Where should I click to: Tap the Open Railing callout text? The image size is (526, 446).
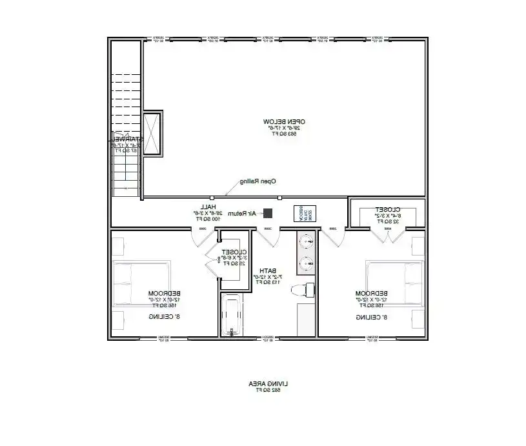[258, 181]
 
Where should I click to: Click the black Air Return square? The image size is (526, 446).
[268, 213]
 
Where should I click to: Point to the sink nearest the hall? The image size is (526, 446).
[308, 243]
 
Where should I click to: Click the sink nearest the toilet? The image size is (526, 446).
[308, 263]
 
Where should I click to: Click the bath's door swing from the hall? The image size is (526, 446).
[269, 237]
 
